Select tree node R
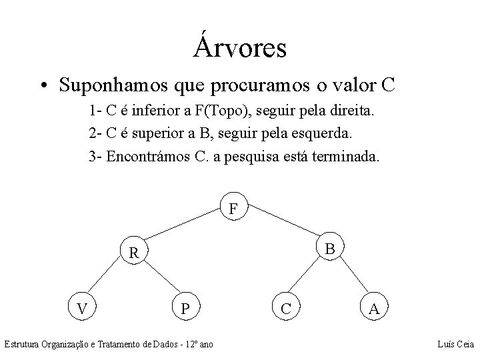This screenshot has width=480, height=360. pyautogui.click(x=135, y=253)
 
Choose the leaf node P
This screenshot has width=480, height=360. pyautogui.click(x=186, y=309)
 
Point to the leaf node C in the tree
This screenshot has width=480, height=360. pyautogui.click(x=285, y=309)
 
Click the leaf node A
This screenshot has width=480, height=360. pyautogui.click(x=375, y=309)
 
